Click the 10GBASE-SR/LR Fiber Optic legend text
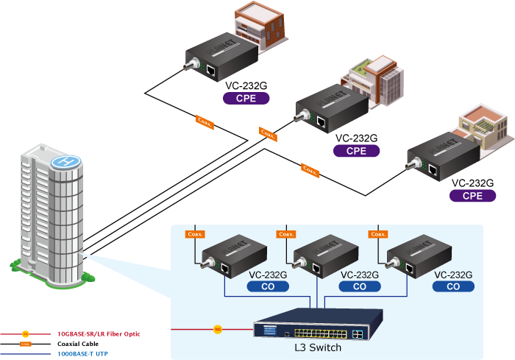pyautogui.click(x=100, y=333)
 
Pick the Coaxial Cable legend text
pyautogui.click(x=78, y=344)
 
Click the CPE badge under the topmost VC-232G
pyautogui.click(x=246, y=97)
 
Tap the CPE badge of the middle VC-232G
pyautogui.click(x=357, y=150)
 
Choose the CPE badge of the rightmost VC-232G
pyautogui.click(x=472, y=196)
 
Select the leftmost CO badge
pyautogui.click(x=267, y=287)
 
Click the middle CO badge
pyautogui.click(x=360, y=287)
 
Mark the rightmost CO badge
pyautogui.click(x=453, y=287)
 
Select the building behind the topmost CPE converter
pyautogui.click(x=262, y=27)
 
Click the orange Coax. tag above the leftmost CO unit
pyautogui.click(x=195, y=235)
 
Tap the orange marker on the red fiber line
pyautogui.click(x=217, y=328)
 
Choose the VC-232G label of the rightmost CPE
pyautogui.click(x=472, y=183)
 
